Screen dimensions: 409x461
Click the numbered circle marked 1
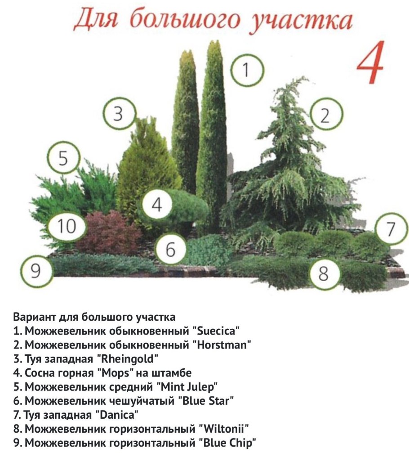coord(246,70)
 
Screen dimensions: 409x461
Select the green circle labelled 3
coord(119,113)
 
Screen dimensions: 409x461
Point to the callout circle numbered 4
coord(157,204)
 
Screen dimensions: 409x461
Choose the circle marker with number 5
coord(63,158)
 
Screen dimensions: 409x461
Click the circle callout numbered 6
coord(171,249)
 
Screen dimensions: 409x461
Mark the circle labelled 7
coord(391,229)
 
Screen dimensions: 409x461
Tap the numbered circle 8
coord(323,274)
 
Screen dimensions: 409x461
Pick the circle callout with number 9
coord(36,270)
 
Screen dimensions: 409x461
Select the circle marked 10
coord(67,226)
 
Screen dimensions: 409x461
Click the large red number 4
coord(371,63)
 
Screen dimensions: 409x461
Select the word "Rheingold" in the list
coord(127,359)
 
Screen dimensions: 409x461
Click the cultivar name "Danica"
coord(117,415)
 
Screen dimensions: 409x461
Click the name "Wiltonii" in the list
coord(224,429)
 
